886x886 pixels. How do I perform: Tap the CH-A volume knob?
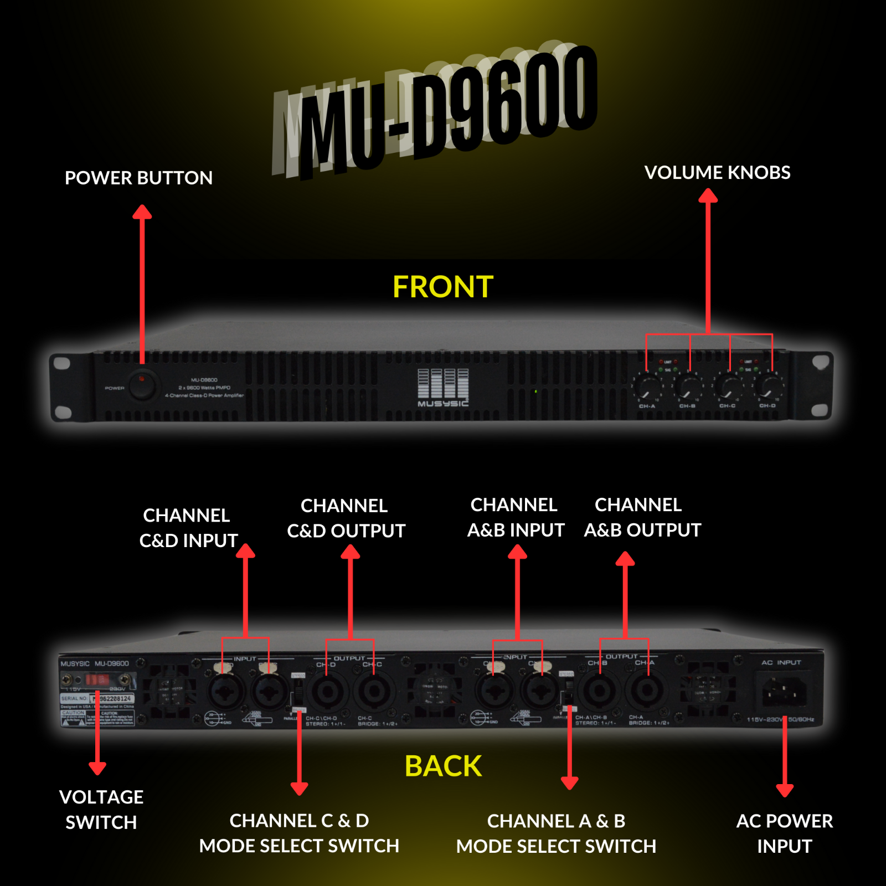[647, 386]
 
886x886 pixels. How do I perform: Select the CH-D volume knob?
[769, 386]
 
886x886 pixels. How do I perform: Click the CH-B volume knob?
[688, 386]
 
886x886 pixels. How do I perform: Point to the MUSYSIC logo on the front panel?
[443, 388]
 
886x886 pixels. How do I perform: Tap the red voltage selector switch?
[97, 679]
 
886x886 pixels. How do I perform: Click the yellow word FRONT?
[443, 287]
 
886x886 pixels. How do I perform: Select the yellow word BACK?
[443, 766]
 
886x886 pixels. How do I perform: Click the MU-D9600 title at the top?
[437, 111]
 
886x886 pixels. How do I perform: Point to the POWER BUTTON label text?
[138, 178]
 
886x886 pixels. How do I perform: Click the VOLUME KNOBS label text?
[717, 173]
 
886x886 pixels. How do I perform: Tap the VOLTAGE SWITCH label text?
[101, 810]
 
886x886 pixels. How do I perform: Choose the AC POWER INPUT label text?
[784, 833]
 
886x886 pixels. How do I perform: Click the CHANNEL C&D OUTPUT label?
[346, 518]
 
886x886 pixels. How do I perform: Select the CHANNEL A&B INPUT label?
[516, 517]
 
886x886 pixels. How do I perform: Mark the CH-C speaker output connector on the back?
[374, 692]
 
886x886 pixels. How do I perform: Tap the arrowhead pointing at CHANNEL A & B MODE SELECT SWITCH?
[569, 782]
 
